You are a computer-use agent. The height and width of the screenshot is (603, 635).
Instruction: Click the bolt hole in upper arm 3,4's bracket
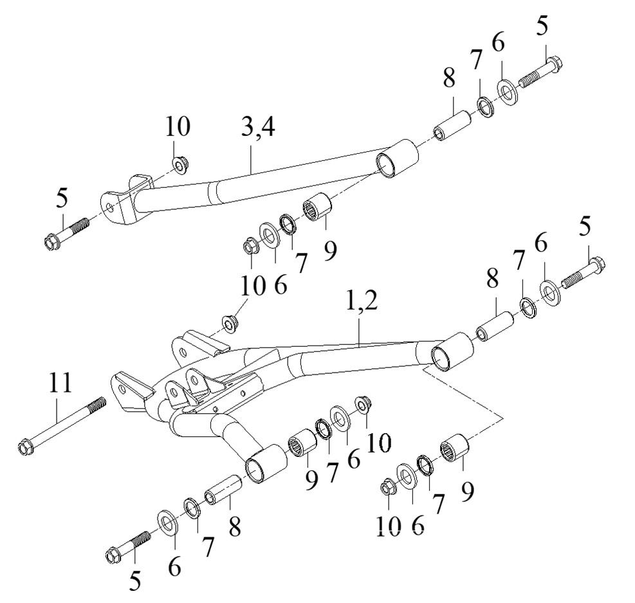coord(113,207)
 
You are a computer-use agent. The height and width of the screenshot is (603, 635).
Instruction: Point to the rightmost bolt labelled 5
coord(582,273)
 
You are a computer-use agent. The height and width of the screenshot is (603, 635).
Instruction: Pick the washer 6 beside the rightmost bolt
coord(549,291)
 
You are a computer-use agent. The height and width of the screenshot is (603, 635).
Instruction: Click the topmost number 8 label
coord(448,79)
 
